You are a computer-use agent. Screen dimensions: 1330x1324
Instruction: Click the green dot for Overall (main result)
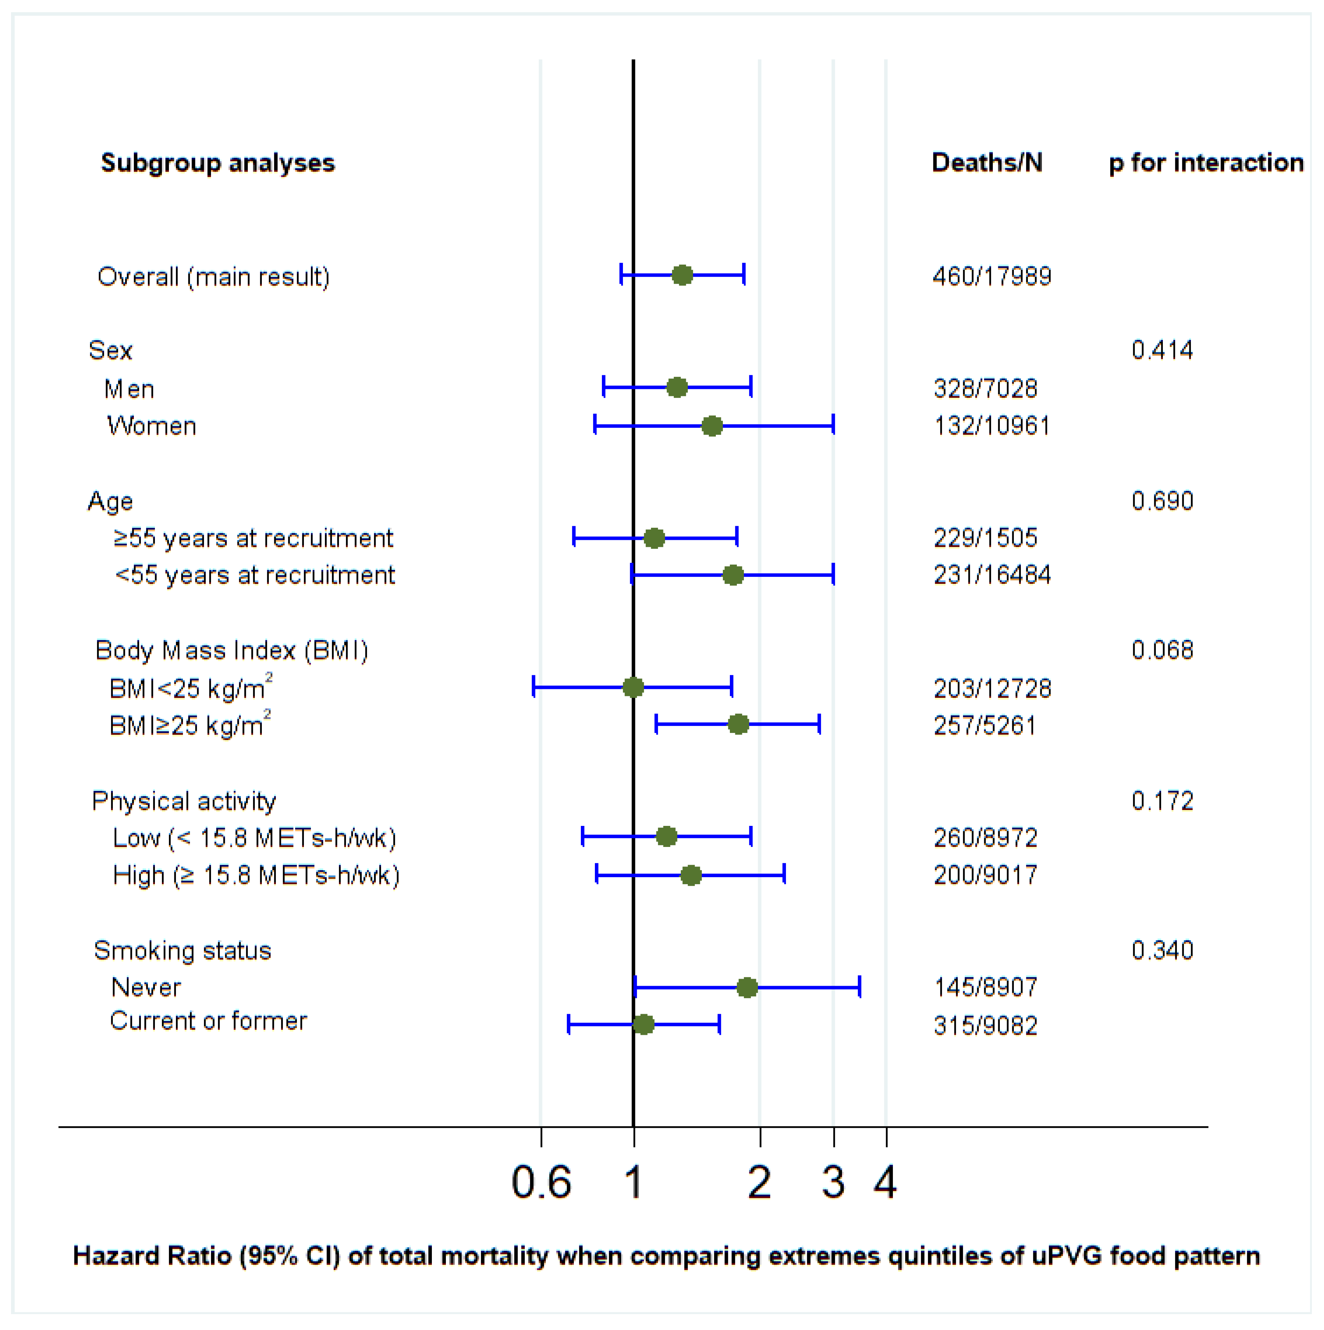pyautogui.click(x=682, y=275)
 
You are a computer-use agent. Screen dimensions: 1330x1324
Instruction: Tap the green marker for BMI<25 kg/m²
pyautogui.click(x=633, y=687)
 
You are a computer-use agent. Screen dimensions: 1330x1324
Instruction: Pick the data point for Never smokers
pyautogui.click(x=747, y=988)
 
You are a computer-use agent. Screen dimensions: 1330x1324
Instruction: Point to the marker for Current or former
pyautogui.click(x=644, y=1024)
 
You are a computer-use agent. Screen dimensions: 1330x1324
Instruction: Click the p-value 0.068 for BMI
pyautogui.click(x=1162, y=650)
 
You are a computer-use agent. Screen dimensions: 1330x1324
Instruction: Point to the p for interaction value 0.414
pyautogui.click(x=1162, y=351)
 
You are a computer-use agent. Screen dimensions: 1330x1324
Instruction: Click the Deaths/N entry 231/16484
pyautogui.click(x=992, y=575)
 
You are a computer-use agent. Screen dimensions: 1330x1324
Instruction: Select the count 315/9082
pyautogui.click(x=985, y=1026)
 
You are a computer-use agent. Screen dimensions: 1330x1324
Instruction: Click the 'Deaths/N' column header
pyautogui.click(x=987, y=162)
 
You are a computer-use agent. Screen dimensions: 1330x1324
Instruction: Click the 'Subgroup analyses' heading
pyautogui.click(x=218, y=163)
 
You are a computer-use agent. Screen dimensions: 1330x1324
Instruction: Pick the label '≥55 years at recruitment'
pyautogui.click(x=253, y=538)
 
